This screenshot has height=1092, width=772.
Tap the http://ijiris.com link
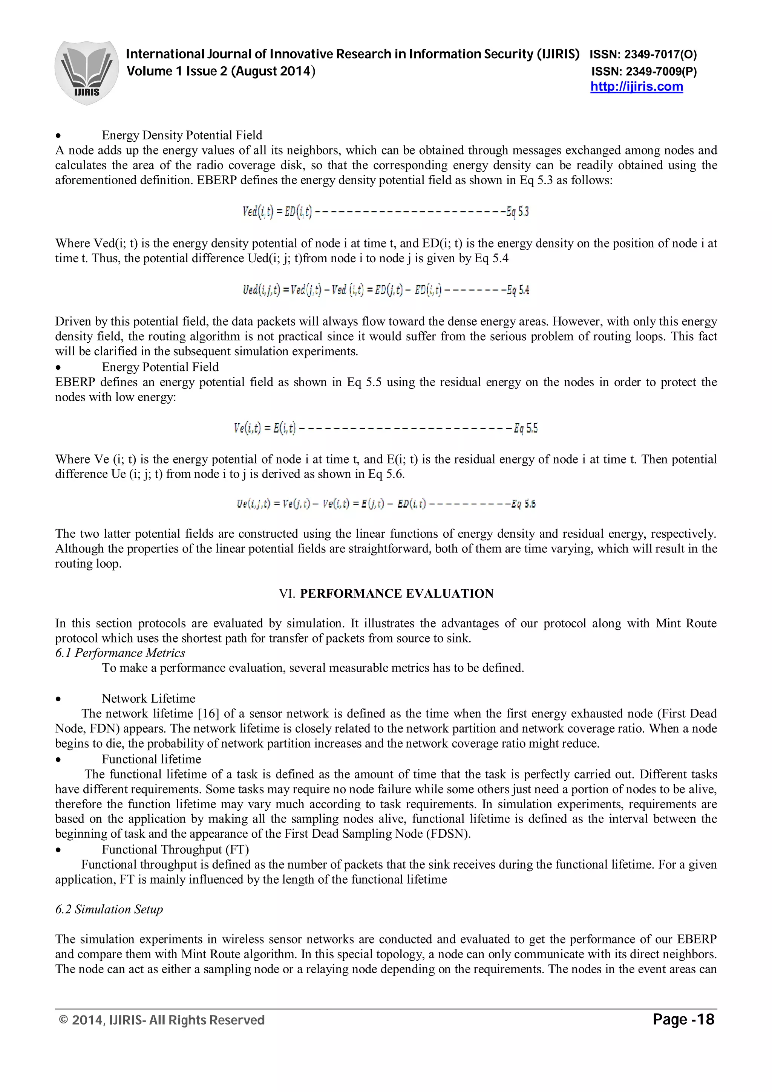(x=636, y=87)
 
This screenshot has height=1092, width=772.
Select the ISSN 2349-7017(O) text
(x=643, y=55)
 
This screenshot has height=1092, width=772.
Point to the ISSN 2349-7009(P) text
(x=644, y=72)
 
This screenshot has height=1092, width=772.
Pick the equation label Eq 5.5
(x=525, y=428)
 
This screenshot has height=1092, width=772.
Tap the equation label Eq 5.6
(x=523, y=504)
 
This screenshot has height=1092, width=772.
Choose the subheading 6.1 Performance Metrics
(x=120, y=653)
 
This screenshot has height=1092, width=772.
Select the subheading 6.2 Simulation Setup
(x=109, y=909)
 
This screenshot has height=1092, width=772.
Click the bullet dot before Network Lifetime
(x=58, y=699)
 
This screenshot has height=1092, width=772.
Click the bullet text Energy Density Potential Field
(x=182, y=136)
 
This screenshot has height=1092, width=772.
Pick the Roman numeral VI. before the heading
(x=287, y=593)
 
